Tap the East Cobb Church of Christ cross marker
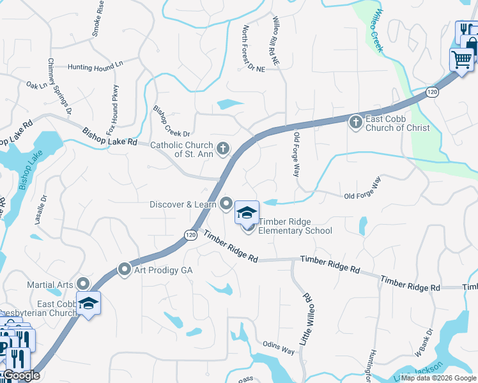(x=356, y=121)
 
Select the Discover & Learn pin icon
(x=226, y=204)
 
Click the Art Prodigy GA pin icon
(x=125, y=270)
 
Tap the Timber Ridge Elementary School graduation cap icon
(x=247, y=213)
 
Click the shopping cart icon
(x=461, y=60)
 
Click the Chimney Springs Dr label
(x=59, y=87)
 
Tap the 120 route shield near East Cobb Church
(x=433, y=92)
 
